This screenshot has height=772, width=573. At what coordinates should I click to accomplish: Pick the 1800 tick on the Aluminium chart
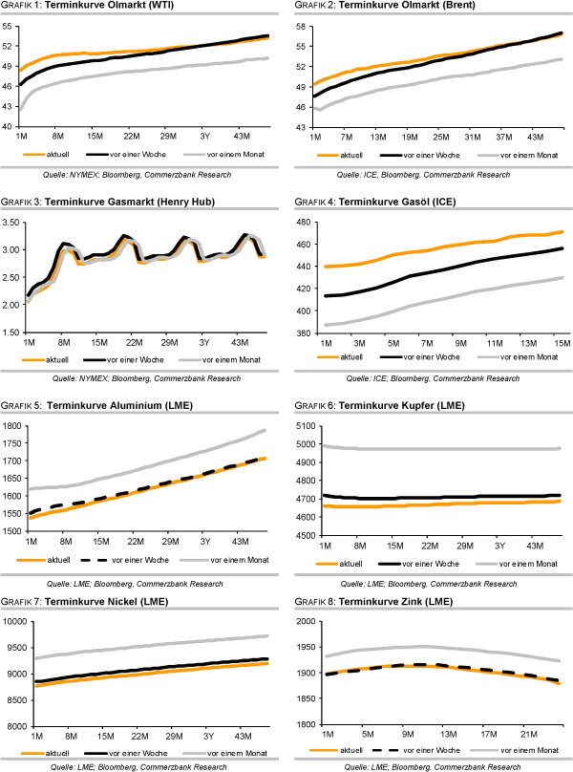(x=14, y=426)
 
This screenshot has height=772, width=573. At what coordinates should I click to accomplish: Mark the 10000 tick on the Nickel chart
(x=14, y=622)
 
